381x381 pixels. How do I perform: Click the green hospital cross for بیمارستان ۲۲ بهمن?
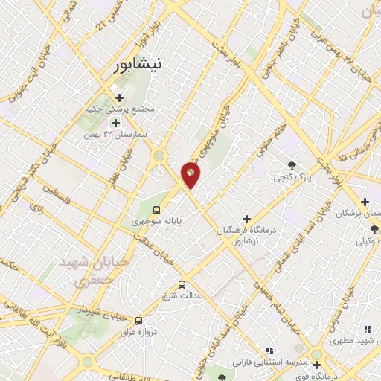pos(115,122)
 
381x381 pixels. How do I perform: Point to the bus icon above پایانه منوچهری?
pos(157,209)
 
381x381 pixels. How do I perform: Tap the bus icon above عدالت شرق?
pos(182,284)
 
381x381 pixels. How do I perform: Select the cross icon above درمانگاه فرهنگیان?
pos(246,219)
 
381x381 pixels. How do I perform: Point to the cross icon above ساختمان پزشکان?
pos(365,202)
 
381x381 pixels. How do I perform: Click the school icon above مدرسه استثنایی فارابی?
pos(269,350)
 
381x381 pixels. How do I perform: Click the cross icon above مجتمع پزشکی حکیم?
pos(119,97)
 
